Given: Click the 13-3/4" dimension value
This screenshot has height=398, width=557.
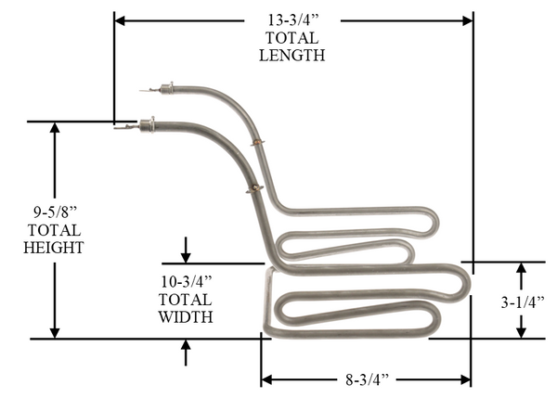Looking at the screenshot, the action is [x=293, y=20].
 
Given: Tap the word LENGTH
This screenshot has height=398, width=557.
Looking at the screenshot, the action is [x=291, y=56].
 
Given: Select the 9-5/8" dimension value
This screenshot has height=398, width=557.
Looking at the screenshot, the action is [x=55, y=212].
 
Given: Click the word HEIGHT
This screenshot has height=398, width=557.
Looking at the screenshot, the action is [x=54, y=248].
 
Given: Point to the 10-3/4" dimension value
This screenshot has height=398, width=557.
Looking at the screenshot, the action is [x=187, y=281].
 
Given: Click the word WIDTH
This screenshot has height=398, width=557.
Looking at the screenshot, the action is [x=186, y=316].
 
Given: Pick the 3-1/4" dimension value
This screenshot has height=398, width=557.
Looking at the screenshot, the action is [x=522, y=302].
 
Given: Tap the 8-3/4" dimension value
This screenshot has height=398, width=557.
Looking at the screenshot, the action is [x=368, y=379].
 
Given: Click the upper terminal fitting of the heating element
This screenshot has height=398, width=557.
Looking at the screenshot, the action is [x=167, y=88].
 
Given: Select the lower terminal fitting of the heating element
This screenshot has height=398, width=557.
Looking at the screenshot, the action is [x=147, y=124].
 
